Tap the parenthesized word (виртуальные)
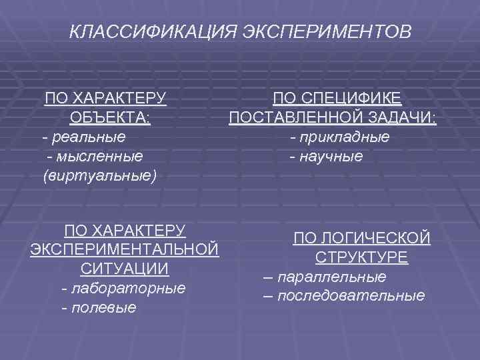pos(99,176)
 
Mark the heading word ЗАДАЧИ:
pos(398,119)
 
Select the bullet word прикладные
pos(344,137)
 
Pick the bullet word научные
pos(331,157)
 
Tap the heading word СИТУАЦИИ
pos(124,269)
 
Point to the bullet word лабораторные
pos(127,289)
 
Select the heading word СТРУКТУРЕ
pos(362,257)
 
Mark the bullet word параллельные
pos(331,276)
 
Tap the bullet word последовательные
pos(351,295)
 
